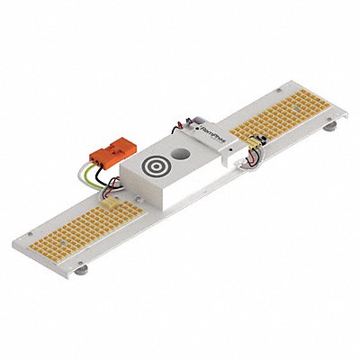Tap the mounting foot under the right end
(329, 130)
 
